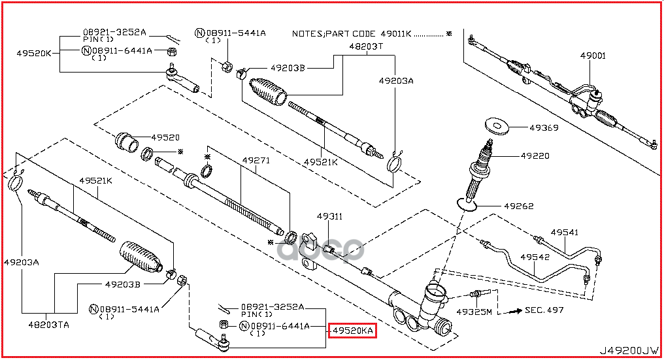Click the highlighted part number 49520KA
tap(352, 331)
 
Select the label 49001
tap(593, 57)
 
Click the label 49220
tap(535, 156)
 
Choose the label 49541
tap(564, 232)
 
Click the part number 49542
tap(535, 257)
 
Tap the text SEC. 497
tap(544, 310)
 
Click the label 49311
tap(330, 216)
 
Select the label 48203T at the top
tap(365, 47)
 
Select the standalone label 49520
tap(165, 137)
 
